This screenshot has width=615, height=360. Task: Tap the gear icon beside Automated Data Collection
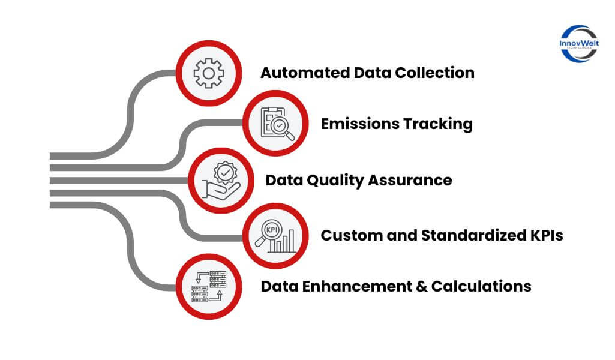coord(208,73)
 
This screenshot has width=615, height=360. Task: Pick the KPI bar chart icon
coord(277,236)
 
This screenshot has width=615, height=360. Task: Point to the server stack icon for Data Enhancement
coord(208,286)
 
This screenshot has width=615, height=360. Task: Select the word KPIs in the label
coord(546,236)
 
